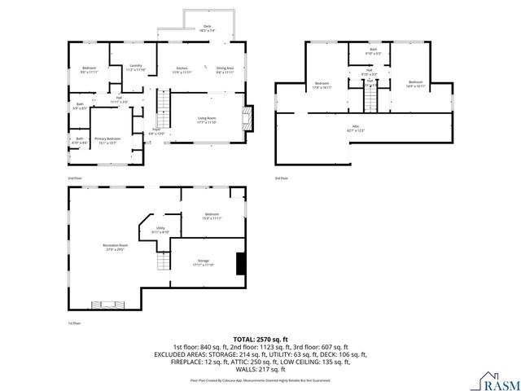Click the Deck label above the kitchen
point(207,27)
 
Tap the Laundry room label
point(136,67)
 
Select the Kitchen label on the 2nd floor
point(182,69)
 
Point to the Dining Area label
point(225,69)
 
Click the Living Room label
point(207,121)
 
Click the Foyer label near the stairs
point(155,130)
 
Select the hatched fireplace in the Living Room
point(249,117)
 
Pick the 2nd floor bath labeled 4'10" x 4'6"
point(80,140)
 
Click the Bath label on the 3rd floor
point(373,51)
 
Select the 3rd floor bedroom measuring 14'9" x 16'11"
point(415,84)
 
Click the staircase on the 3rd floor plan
point(371,99)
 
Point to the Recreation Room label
point(115,247)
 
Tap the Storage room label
point(203,262)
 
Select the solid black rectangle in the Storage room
point(240,265)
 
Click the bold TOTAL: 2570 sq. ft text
point(261,338)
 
